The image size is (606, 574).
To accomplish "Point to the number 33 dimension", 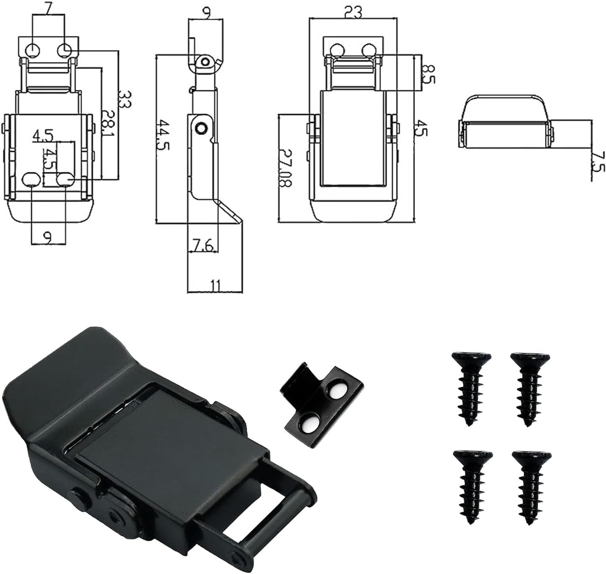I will coord(125,98).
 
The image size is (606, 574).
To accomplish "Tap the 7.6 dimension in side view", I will coord(203,245).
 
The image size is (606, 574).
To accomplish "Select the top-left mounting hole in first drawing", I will coord(32,51).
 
